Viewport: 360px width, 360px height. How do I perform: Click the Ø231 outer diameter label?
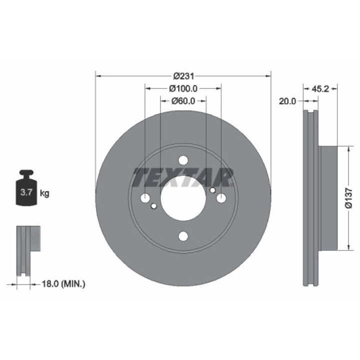click(x=183, y=76)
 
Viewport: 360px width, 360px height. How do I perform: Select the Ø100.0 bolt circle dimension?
click(x=183, y=88)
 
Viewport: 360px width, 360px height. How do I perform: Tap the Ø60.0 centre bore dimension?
click(x=183, y=100)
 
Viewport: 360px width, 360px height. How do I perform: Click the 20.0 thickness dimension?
click(x=287, y=100)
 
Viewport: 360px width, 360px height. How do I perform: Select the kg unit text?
click(x=44, y=192)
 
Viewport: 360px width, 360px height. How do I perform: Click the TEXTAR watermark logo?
click(x=183, y=177)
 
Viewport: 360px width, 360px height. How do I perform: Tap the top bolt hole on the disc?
click(x=183, y=160)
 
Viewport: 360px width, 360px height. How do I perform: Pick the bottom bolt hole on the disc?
click(x=183, y=236)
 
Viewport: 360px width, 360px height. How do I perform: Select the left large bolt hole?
click(x=145, y=198)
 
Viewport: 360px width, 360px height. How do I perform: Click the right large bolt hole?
click(x=221, y=198)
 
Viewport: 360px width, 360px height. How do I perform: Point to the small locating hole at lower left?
click(x=154, y=206)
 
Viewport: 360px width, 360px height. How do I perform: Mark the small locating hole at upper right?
click(x=212, y=190)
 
